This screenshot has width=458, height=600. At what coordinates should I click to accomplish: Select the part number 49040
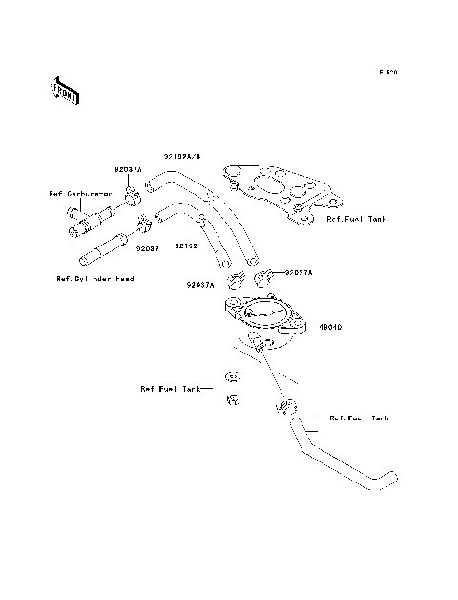click(x=331, y=326)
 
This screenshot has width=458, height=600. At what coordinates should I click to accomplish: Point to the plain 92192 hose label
click(x=185, y=246)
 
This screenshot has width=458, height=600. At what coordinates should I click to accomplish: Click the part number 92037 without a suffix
click(x=145, y=248)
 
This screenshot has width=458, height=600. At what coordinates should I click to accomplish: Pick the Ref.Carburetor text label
click(x=81, y=193)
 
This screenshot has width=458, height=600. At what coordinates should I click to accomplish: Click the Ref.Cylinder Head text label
click(x=94, y=278)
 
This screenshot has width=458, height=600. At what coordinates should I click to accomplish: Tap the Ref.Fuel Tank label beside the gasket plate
click(x=358, y=219)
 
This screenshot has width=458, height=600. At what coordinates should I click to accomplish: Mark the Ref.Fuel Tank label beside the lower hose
click(x=360, y=418)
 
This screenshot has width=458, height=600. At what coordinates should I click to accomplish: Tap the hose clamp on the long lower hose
click(x=283, y=408)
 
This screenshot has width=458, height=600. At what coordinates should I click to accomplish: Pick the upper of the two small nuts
click(x=232, y=375)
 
